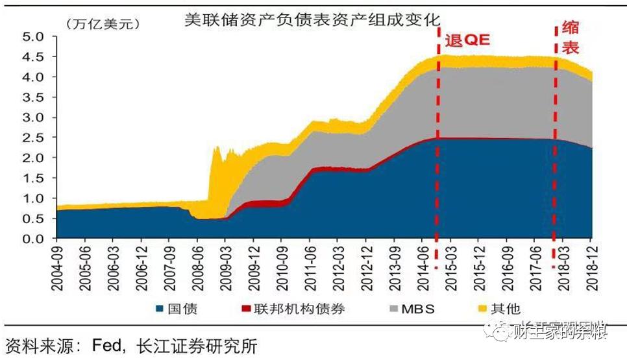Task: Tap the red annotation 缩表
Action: tap(571, 38)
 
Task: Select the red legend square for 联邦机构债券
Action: tap(247, 309)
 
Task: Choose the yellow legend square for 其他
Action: tap(483, 309)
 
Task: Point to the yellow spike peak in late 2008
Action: tap(215, 149)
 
